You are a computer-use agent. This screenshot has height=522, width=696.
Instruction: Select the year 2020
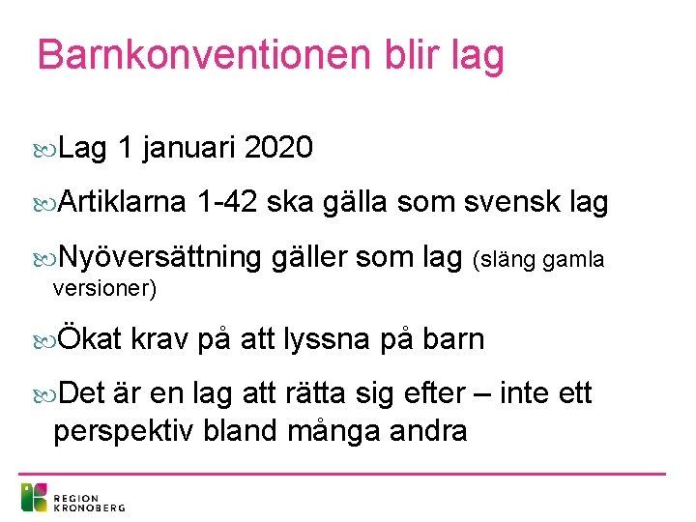[278, 148]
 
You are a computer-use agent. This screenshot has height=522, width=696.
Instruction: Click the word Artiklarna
[122, 202]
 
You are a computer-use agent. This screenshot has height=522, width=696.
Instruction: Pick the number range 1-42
[226, 202]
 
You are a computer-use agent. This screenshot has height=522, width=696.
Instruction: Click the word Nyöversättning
[159, 257]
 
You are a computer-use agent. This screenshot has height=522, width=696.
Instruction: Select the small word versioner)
[104, 288]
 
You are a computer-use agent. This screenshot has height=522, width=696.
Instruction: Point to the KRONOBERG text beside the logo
[89, 505]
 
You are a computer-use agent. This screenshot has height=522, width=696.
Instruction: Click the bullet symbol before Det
[43, 394]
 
